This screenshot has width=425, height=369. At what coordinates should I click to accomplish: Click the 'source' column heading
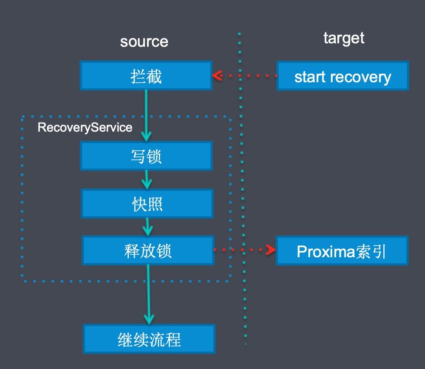144,42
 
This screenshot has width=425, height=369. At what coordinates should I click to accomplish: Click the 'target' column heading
343,38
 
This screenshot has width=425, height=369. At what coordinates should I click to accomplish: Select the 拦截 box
146,75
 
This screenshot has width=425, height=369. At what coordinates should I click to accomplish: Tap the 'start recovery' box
343,75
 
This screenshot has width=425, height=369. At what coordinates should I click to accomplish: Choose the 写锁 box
147,156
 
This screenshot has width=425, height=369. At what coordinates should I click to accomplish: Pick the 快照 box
147,204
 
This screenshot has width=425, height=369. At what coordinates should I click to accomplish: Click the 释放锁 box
148,250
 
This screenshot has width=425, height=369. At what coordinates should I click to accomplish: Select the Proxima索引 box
342,251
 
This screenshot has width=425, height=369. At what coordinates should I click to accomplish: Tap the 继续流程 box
149,339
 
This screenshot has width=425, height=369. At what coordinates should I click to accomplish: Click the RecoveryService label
85,127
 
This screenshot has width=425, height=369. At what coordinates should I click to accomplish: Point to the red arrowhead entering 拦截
217,75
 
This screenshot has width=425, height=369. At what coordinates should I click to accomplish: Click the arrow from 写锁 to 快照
147,179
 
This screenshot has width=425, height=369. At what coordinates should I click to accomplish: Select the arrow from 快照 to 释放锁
147,227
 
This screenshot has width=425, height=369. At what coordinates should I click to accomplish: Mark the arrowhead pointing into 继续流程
149,319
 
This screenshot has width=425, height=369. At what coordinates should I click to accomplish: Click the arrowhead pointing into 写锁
147,136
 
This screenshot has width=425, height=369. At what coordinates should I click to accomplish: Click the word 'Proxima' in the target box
326,252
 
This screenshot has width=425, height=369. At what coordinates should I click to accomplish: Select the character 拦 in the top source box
138,76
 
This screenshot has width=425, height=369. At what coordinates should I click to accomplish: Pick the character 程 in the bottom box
173,340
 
